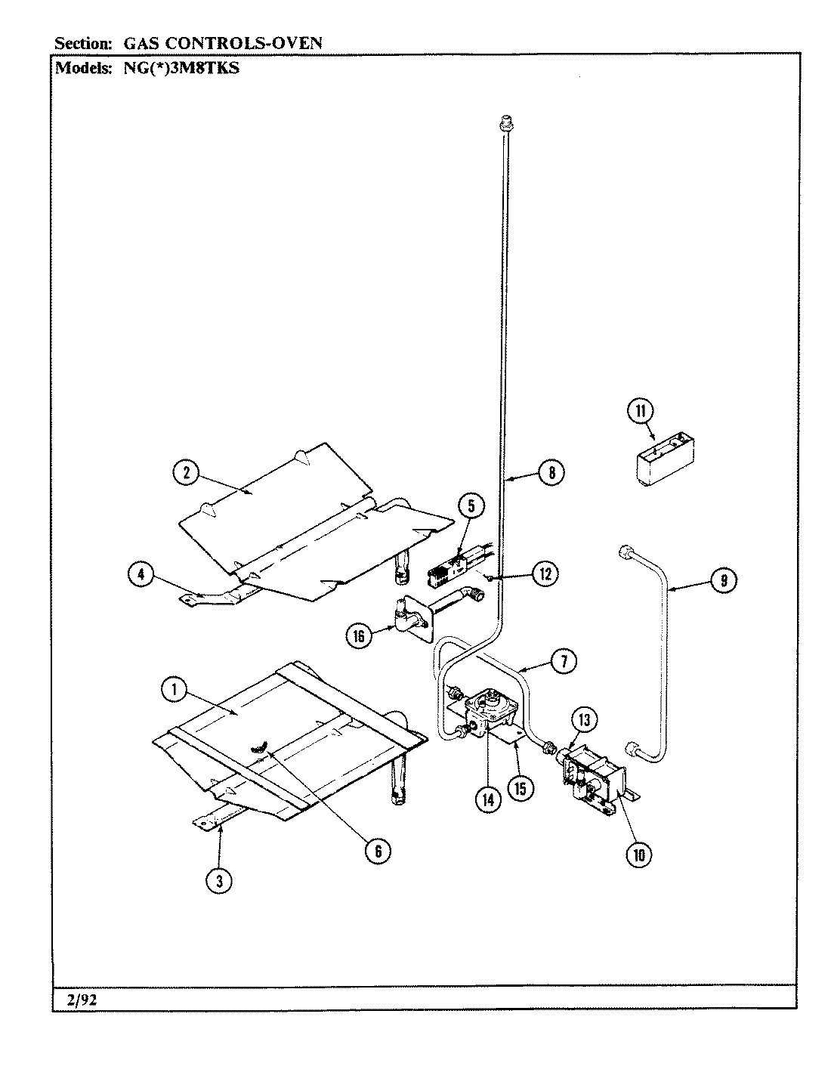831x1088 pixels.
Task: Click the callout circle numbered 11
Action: coord(640,411)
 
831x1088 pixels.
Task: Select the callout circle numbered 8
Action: coord(551,473)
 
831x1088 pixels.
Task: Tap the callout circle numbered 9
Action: coord(723,580)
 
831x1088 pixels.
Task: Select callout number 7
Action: coord(564,662)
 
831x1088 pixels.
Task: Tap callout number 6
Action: coord(378,851)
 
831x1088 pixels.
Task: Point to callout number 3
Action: coord(220,880)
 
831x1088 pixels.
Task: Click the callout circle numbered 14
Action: coord(489,800)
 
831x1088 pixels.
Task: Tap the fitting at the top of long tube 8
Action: coord(506,122)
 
